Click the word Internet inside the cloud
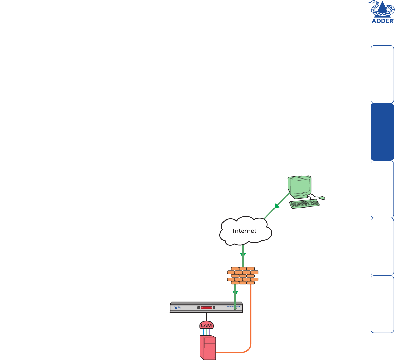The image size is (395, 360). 245,231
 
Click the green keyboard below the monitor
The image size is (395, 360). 304,204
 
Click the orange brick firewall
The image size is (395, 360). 243,275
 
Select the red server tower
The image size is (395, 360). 207,347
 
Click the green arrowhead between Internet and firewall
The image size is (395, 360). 243,255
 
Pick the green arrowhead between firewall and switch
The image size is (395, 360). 235,293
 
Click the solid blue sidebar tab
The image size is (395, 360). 382,132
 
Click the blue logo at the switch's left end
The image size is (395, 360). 176,308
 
